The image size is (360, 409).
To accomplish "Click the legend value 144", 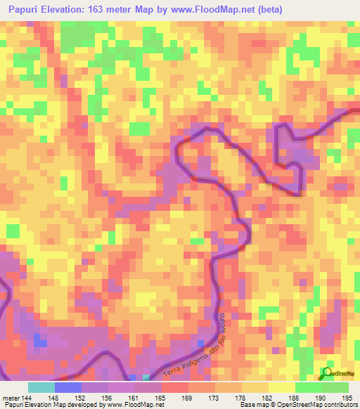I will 27,397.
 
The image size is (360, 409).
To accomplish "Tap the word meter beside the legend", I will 11,397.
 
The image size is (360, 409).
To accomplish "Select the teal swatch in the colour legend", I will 41,387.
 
